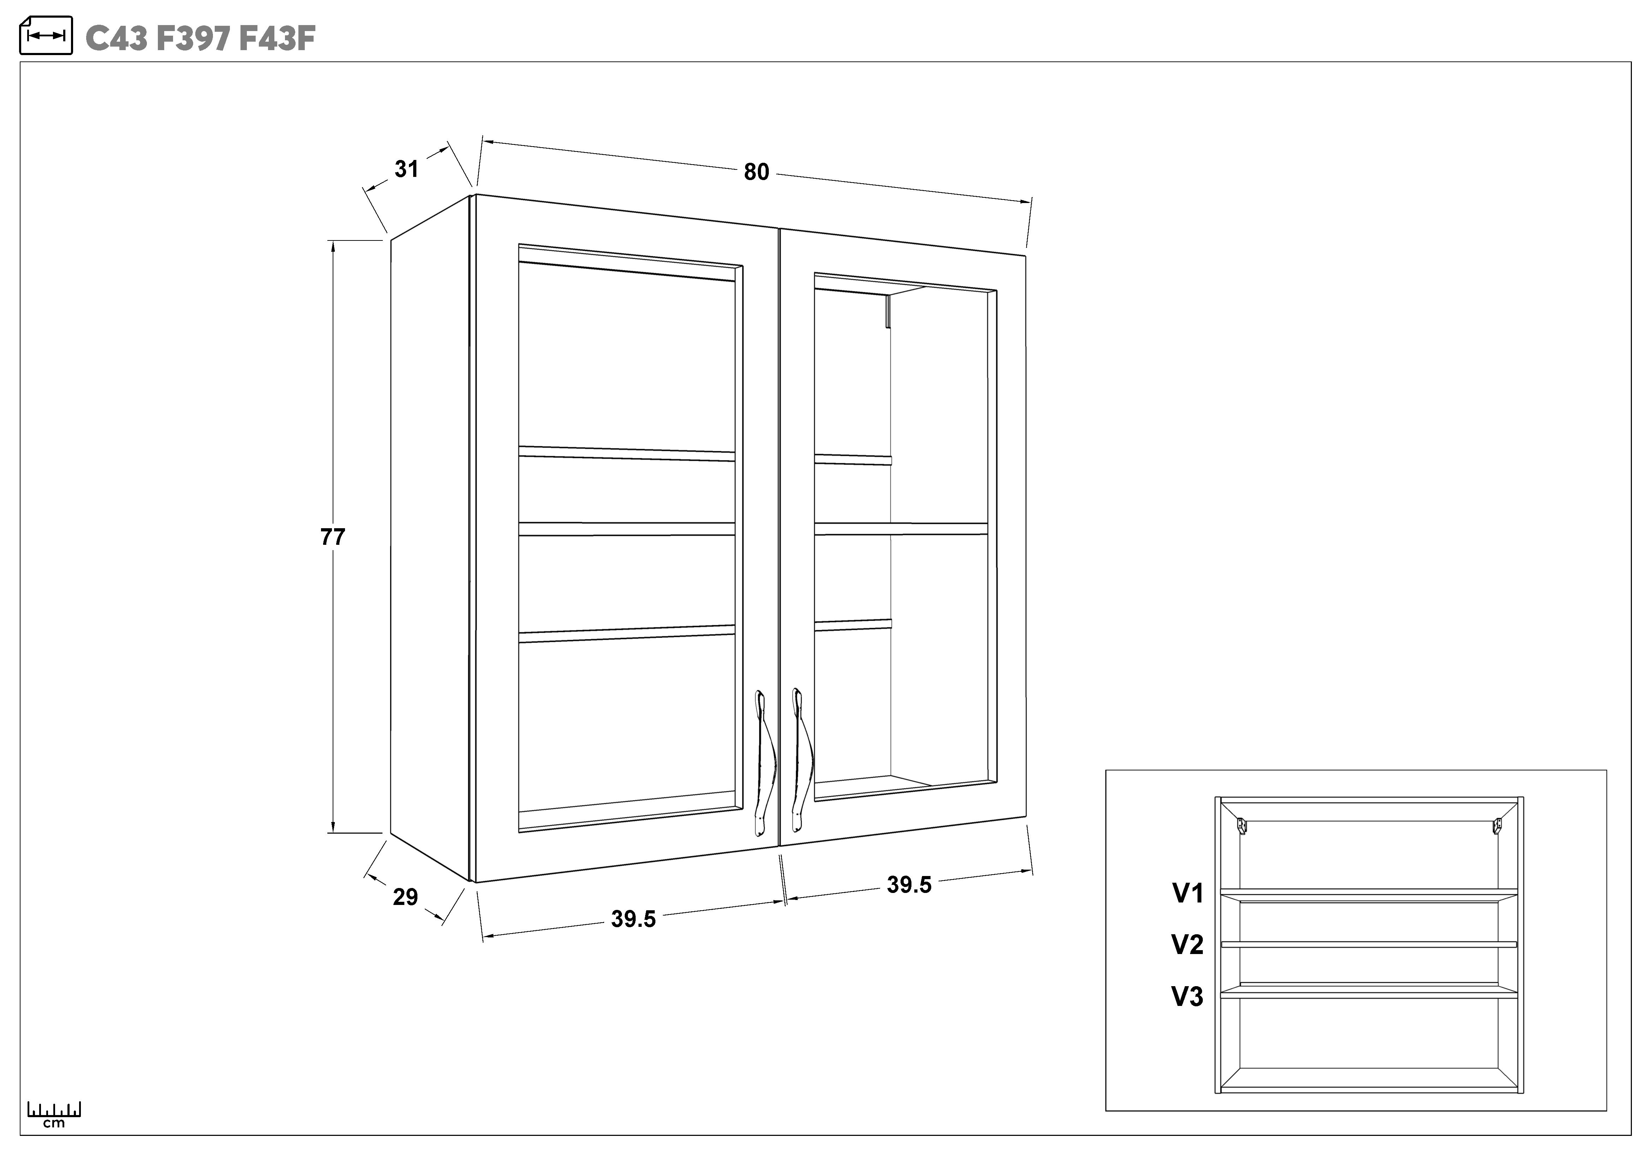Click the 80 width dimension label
(756, 172)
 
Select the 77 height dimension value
(332, 537)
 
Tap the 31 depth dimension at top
(406, 169)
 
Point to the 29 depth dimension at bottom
(405, 897)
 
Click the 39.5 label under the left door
(633, 919)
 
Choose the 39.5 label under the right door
(909, 884)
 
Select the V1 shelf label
(1188, 893)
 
